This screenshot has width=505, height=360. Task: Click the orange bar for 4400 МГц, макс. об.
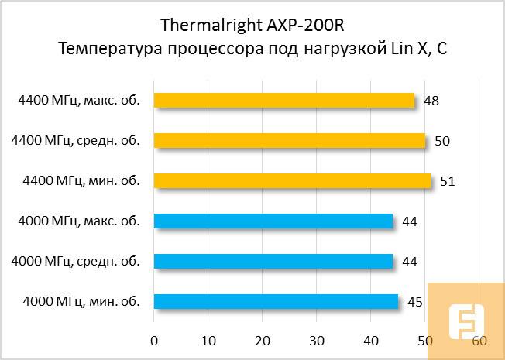(284, 100)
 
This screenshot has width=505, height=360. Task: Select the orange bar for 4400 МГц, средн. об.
(290, 140)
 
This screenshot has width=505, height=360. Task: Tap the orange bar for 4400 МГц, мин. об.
(292, 180)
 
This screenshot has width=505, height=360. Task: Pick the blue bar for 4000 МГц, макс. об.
(273, 221)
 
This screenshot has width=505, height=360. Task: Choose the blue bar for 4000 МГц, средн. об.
(273, 261)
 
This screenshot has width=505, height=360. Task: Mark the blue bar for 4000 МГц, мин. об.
(276, 301)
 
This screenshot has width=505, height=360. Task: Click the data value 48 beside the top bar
(432, 101)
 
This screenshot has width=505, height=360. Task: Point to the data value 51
(448, 182)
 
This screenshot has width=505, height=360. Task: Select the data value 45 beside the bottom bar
(415, 302)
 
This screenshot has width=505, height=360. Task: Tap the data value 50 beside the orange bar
(442, 141)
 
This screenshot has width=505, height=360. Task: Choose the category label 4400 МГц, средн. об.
(76, 140)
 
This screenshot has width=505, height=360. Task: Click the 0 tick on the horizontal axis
(154, 341)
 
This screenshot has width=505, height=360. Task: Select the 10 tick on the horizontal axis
(208, 341)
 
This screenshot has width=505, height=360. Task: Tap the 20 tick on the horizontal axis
(263, 341)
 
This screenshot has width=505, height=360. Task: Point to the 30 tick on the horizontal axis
(317, 341)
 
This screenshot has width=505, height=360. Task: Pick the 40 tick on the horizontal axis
(371, 341)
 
